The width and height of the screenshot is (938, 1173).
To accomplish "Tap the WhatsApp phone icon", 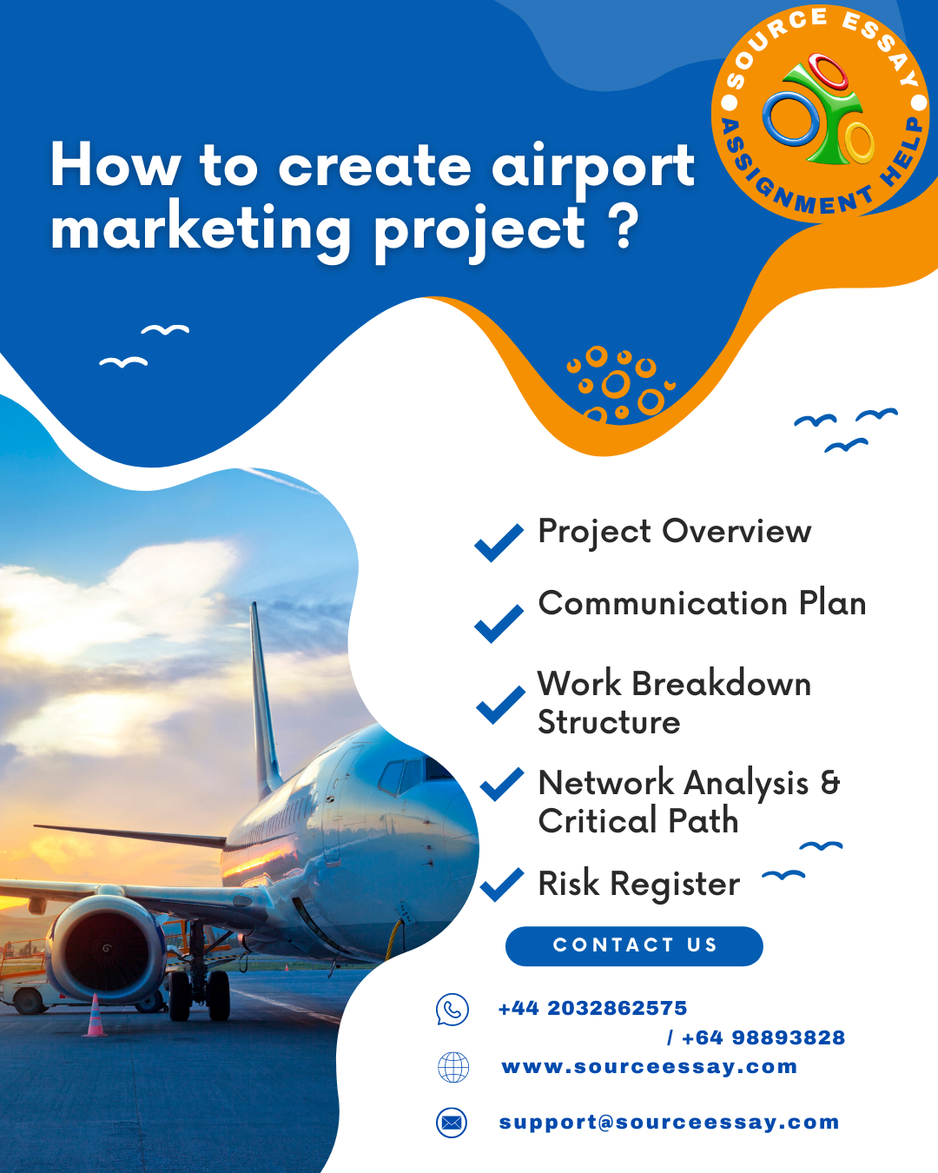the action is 452,1010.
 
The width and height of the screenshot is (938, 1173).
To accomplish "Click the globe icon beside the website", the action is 452,1067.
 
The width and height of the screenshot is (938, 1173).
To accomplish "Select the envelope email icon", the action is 452,1123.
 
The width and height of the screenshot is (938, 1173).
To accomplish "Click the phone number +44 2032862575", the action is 592,1009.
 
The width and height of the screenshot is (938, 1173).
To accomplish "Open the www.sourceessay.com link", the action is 649,1067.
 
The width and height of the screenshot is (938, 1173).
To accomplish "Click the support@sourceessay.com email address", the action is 669,1123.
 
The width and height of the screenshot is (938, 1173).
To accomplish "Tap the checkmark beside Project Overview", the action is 499,542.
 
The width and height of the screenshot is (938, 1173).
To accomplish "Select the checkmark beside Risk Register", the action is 502,884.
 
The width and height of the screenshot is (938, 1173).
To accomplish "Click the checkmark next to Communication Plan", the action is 499,624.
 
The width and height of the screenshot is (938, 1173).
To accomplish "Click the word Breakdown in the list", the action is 721,684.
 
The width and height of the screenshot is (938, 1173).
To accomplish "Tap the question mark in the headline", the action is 622,226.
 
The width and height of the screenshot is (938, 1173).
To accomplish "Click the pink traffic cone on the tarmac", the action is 95,1015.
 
